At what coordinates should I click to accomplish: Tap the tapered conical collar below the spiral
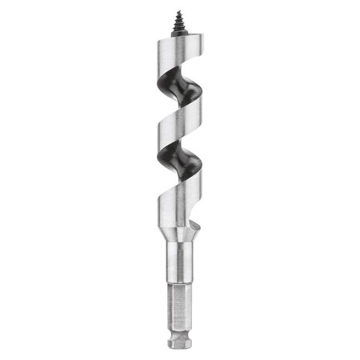pyautogui.click(x=179, y=237)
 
